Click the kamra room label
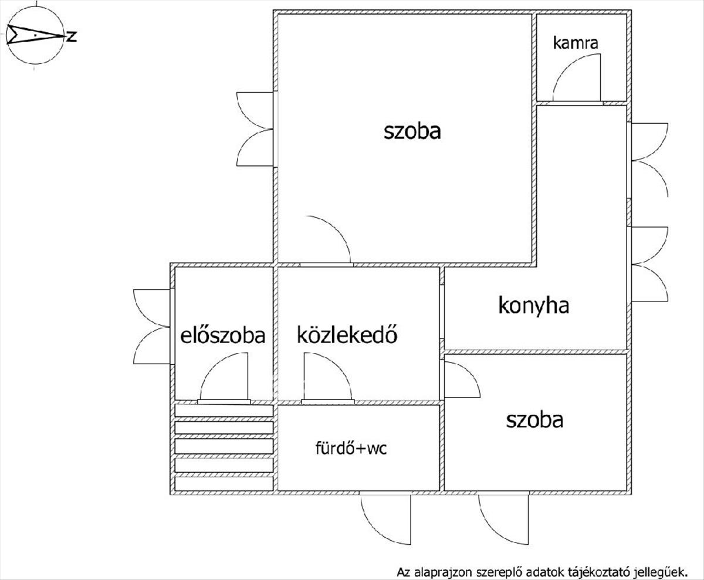tap(575, 43)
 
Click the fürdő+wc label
tap(351, 449)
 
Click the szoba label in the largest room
tap(412, 131)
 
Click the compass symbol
tap(35, 36)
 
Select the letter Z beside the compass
tap(72, 37)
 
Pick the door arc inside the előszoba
tap(223, 378)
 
